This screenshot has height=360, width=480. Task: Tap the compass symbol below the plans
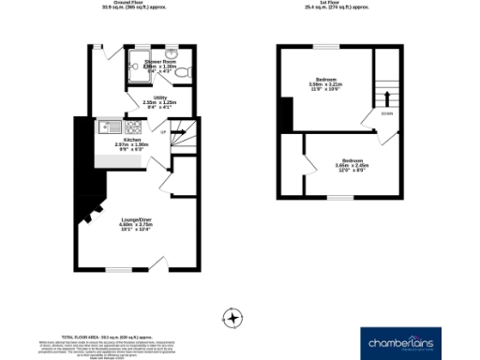click(x=232, y=315)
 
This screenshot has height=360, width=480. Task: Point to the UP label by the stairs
click(x=165, y=132)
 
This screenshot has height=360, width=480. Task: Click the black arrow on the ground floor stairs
click(x=177, y=132)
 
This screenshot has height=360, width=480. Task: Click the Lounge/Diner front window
click(x=119, y=268)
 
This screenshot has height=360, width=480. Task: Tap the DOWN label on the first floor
click(x=386, y=113)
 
